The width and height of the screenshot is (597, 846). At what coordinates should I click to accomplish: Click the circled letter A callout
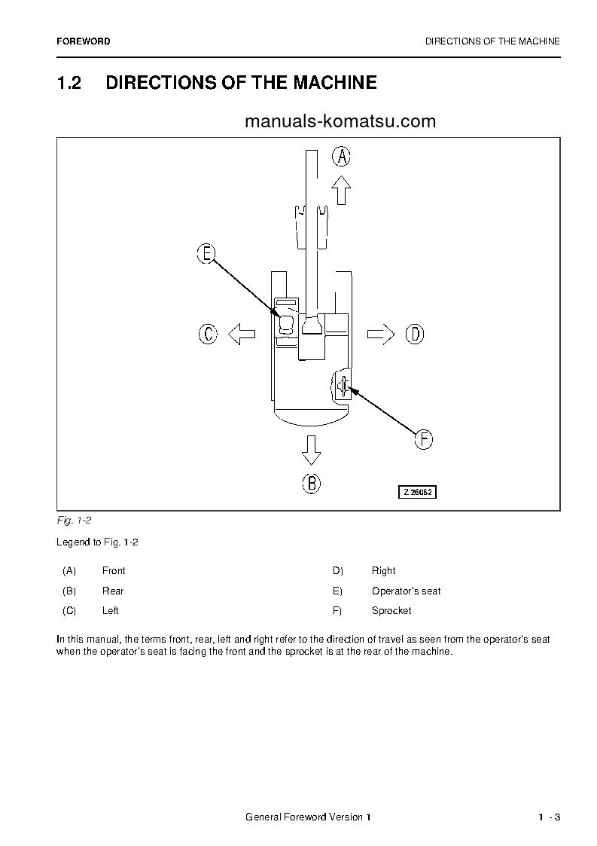(x=342, y=157)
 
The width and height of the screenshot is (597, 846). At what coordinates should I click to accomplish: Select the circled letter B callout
(x=311, y=483)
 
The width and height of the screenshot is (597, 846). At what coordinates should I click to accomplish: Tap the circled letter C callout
(x=208, y=334)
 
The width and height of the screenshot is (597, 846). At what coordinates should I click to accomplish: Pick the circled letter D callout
(x=415, y=334)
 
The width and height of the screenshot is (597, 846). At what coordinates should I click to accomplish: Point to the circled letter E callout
(x=206, y=254)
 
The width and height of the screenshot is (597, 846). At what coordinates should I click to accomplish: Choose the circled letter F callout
(x=424, y=439)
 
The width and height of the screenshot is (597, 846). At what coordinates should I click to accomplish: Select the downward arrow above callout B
(x=311, y=450)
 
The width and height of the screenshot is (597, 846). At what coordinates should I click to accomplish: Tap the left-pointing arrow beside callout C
(x=242, y=334)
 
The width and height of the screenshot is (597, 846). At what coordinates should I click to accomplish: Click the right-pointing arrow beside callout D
(x=381, y=334)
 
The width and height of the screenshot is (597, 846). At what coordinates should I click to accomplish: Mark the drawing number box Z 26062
(x=418, y=492)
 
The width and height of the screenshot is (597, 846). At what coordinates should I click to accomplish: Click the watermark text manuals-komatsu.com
(x=340, y=121)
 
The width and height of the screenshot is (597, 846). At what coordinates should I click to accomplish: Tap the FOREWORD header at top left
(x=84, y=41)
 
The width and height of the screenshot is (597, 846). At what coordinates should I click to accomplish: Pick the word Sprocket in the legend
(x=391, y=611)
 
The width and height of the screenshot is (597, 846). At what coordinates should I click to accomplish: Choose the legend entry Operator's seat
(x=406, y=591)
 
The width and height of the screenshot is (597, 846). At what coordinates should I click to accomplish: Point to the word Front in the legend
(x=114, y=571)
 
